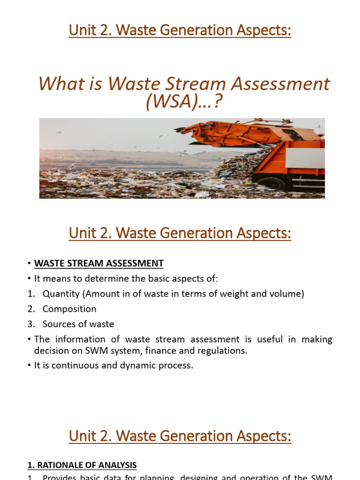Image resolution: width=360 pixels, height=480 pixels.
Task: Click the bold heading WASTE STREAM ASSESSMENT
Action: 99,263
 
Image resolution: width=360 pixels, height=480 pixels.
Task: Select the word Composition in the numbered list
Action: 69,309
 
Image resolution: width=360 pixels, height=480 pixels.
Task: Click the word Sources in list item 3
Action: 58,324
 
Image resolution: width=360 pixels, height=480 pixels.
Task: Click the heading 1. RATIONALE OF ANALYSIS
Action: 82,465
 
